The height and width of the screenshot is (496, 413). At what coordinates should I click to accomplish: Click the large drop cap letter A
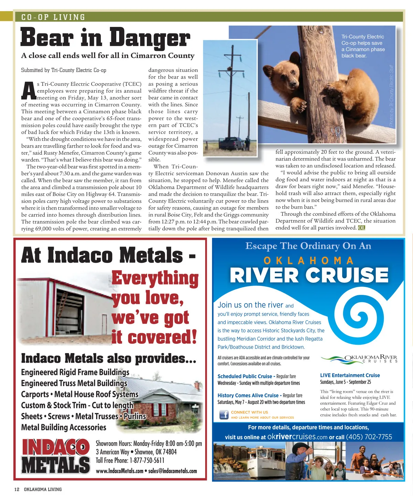click(x=29, y=90)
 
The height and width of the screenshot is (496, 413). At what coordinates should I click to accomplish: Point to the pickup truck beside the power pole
click(x=232, y=143)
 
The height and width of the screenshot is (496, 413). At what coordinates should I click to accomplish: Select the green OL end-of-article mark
click(x=361, y=228)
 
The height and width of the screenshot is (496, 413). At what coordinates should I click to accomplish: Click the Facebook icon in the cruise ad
click(x=224, y=414)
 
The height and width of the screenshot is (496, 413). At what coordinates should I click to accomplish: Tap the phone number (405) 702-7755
click(x=369, y=437)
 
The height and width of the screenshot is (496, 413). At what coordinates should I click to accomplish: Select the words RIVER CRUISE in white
click(x=309, y=275)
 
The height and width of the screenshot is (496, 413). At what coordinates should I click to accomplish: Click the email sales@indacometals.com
click(x=172, y=471)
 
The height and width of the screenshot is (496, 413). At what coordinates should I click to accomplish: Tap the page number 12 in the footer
click(x=17, y=489)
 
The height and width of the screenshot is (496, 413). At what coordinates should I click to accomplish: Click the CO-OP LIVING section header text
click(x=53, y=17)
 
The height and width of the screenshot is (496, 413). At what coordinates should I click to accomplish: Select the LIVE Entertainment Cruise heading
click(x=350, y=375)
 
